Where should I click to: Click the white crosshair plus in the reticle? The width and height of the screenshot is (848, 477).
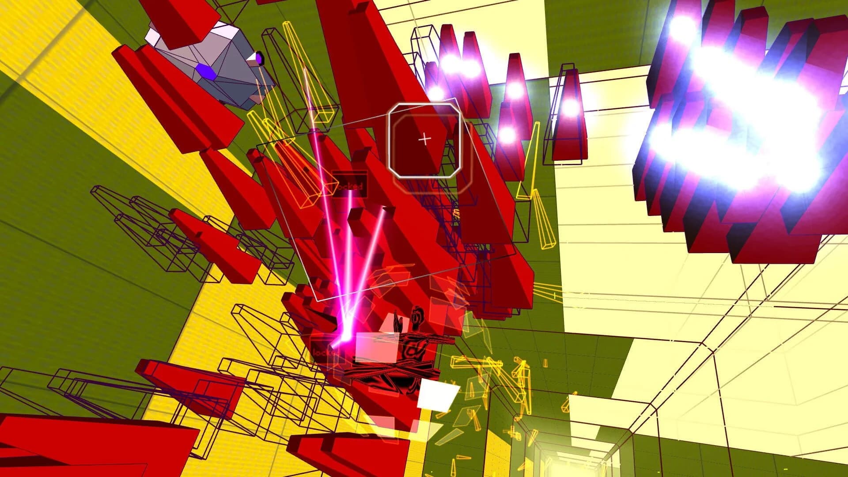click(x=424, y=140)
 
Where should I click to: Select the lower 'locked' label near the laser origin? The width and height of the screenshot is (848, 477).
click(x=325, y=352)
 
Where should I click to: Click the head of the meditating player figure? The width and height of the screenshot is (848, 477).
click(x=416, y=316)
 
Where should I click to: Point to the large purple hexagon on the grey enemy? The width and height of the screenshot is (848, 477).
click(x=207, y=72)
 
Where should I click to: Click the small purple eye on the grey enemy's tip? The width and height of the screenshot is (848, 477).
click(x=258, y=57)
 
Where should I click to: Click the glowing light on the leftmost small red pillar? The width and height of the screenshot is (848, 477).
click(x=436, y=93)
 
